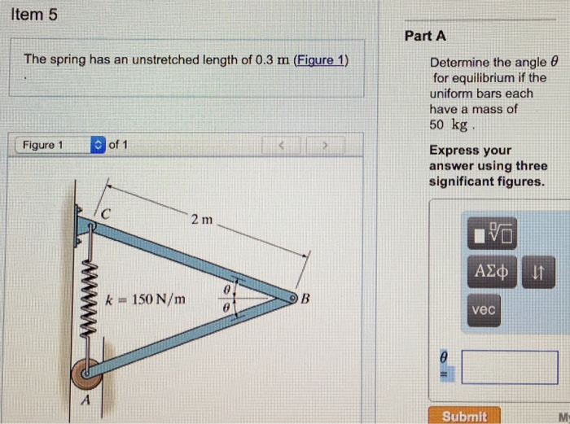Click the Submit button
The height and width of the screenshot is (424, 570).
(465, 415)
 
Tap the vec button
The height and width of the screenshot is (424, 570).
(482, 311)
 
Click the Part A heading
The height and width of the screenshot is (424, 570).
(425, 36)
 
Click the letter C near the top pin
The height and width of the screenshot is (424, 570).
(105, 214)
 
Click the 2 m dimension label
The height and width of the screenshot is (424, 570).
(201, 220)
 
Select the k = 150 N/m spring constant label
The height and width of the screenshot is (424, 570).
(146, 299)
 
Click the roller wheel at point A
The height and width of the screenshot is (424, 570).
(85, 373)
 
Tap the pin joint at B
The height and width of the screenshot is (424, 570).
(289, 299)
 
